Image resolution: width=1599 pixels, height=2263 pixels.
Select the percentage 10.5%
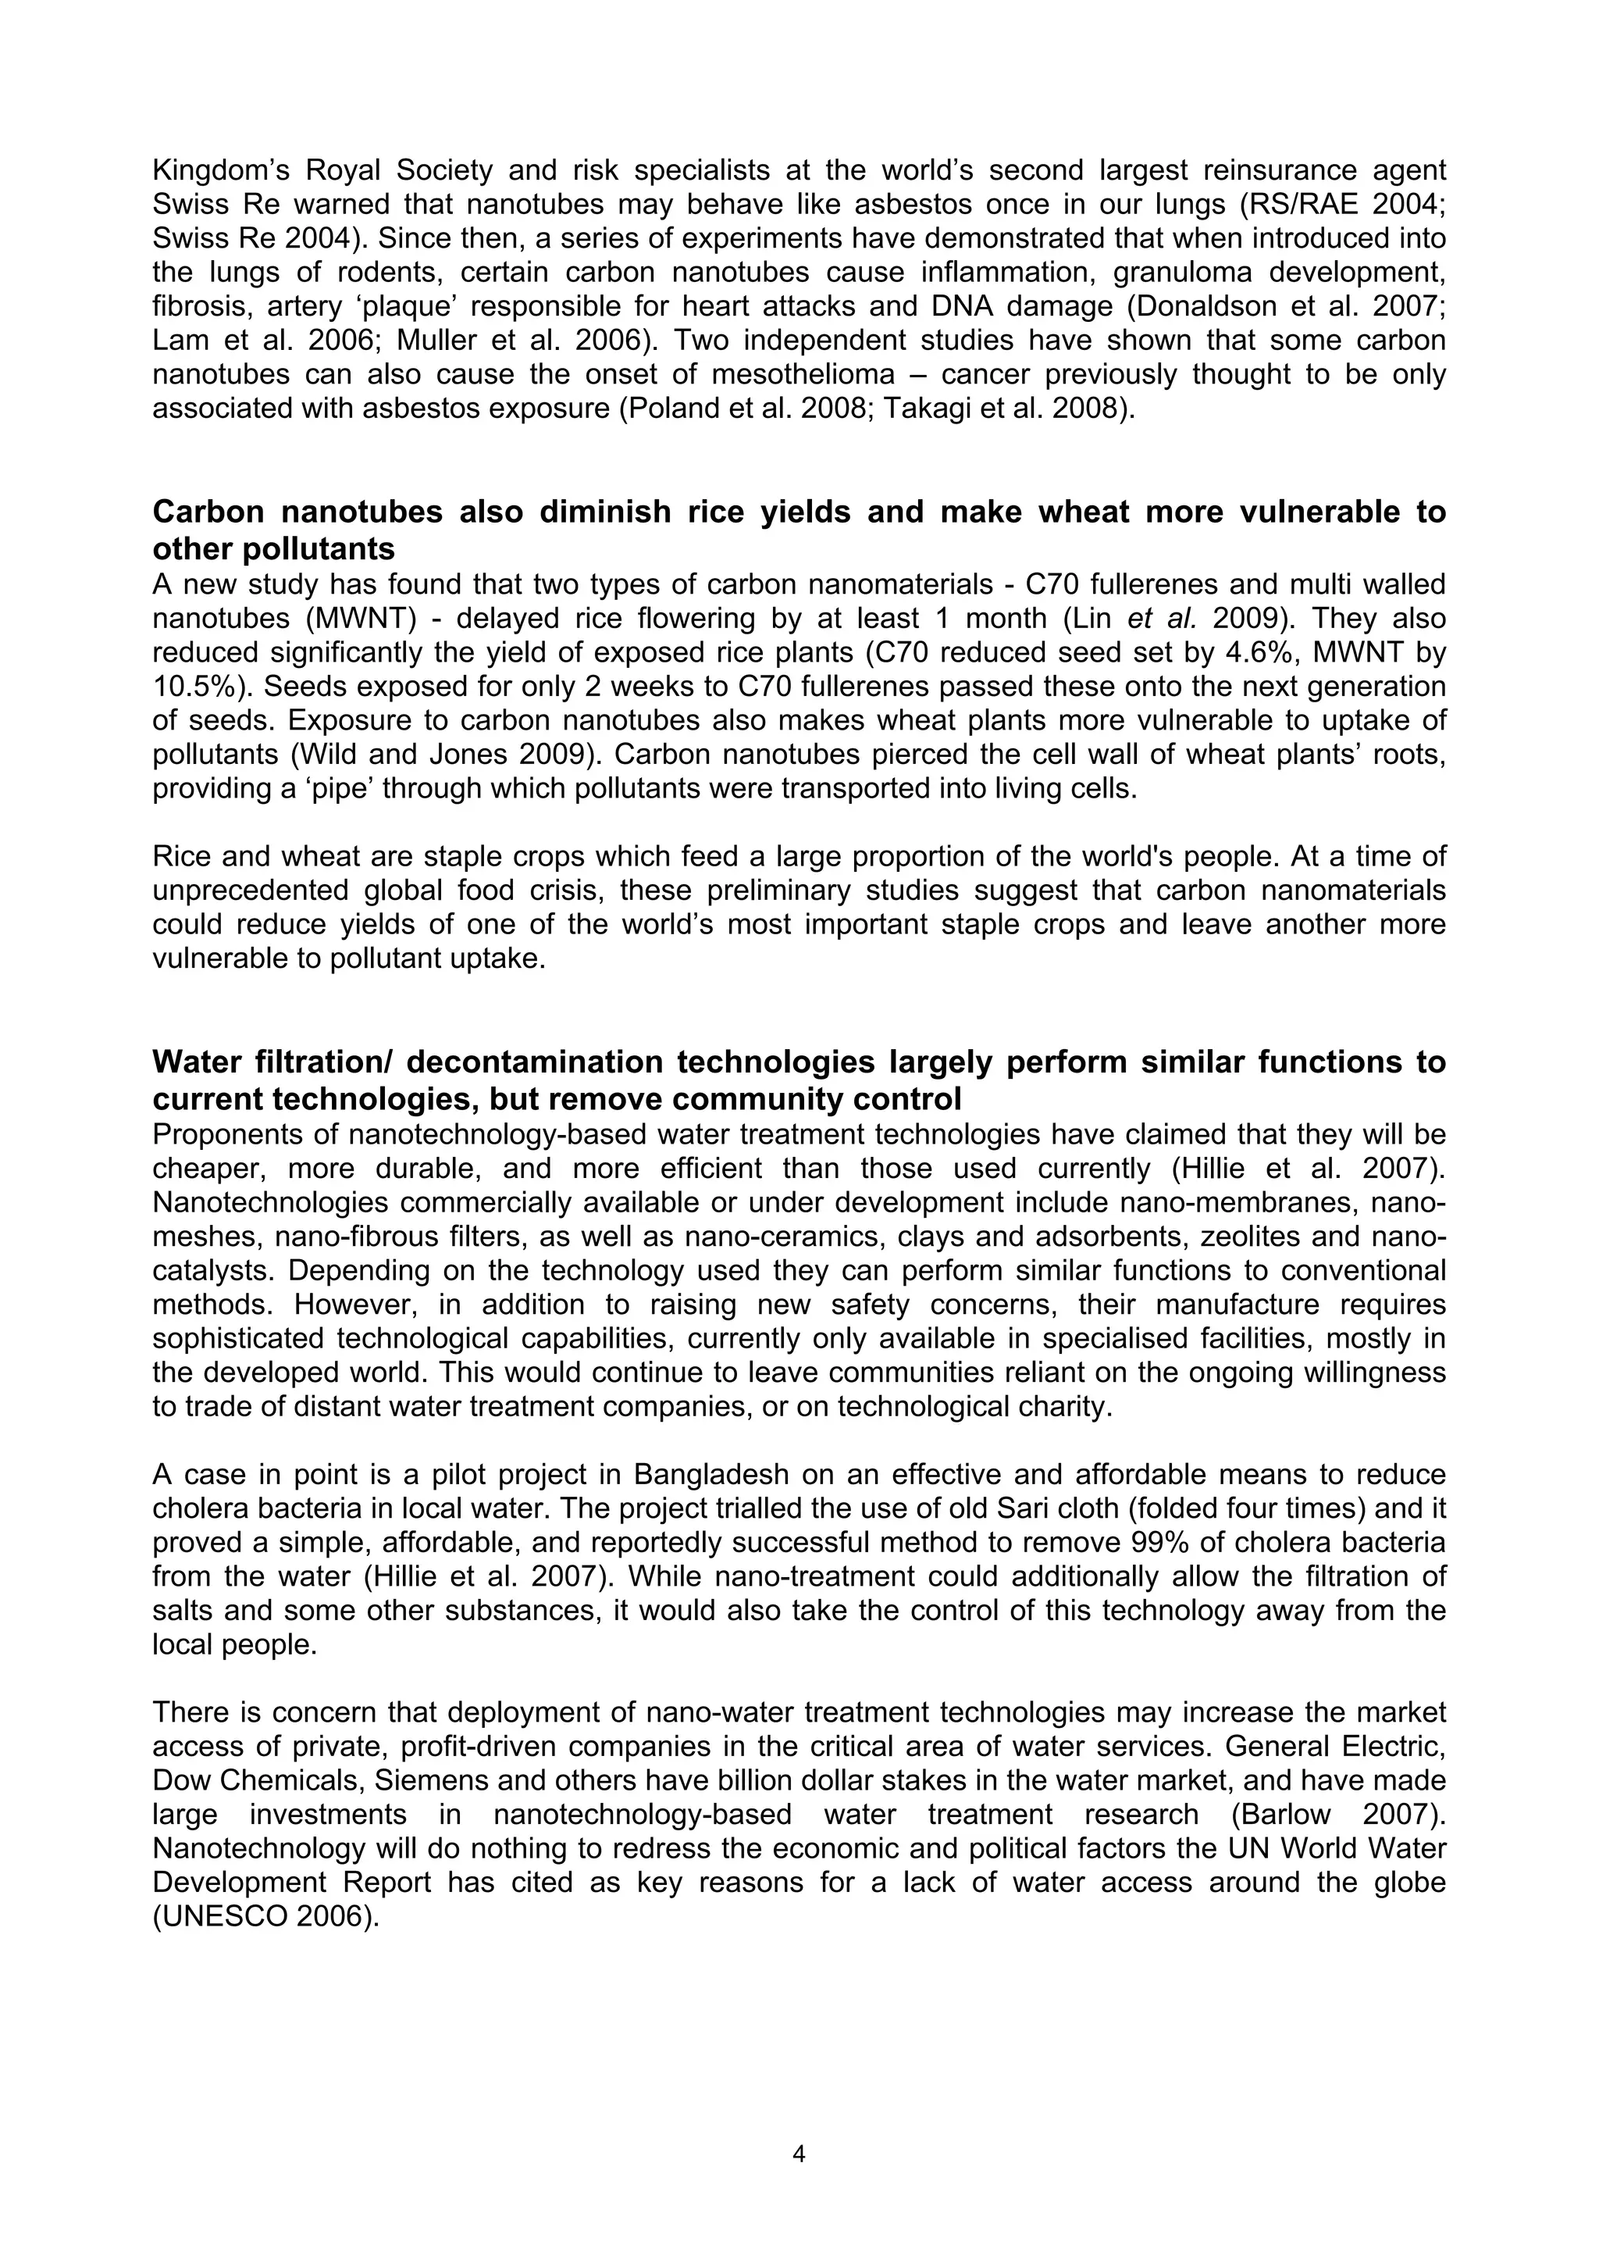point(192,687)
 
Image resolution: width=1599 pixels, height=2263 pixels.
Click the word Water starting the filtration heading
point(204,1062)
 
